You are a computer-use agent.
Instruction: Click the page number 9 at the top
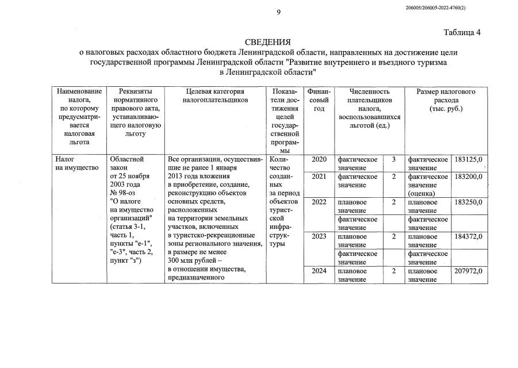pyautogui.click(x=278, y=12)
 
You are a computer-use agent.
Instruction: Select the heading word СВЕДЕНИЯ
pyautogui.click(x=268, y=42)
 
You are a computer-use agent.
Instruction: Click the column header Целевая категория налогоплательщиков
pyautogui.click(x=215, y=95)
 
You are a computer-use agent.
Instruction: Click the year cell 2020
pyautogui.click(x=319, y=159)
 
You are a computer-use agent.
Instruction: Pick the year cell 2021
pyautogui.click(x=319, y=177)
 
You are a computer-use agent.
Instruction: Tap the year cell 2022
pyautogui.click(x=319, y=202)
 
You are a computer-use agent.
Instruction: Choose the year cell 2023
pyautogui.click(x=319, y=236)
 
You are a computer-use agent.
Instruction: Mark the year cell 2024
pyautogui.click(x=319, y=271)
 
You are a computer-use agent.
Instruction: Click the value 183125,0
pyautogui.click(x=468, y=159)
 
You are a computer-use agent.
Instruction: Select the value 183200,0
pyautogui.click(x=468, y=177)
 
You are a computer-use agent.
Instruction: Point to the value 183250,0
pyautogui.click(x=468, y=202)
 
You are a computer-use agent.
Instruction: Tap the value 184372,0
pyautogui.click(x=468, y=236)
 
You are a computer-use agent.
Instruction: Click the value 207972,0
pyautogui.click(x=468, y=271)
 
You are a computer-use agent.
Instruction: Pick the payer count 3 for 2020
pyautogui.click(x=394, y=159)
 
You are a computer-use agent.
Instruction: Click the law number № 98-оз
pyautogui.click(x=125, y=193)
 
